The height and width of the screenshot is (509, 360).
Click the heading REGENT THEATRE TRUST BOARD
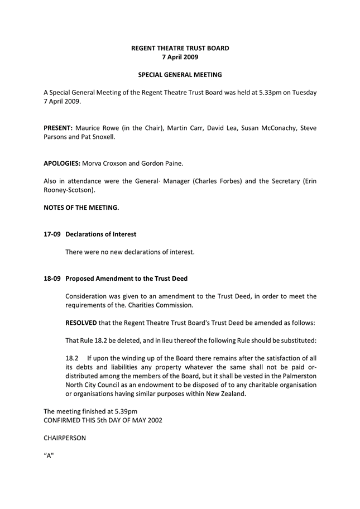tap(180, 49)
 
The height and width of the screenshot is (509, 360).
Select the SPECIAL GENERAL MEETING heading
tap(180, 74)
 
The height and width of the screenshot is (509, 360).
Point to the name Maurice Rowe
tap(96, 128)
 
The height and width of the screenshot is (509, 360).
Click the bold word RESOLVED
tap(81, 323)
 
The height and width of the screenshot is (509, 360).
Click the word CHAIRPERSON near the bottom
tap(65, 438)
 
